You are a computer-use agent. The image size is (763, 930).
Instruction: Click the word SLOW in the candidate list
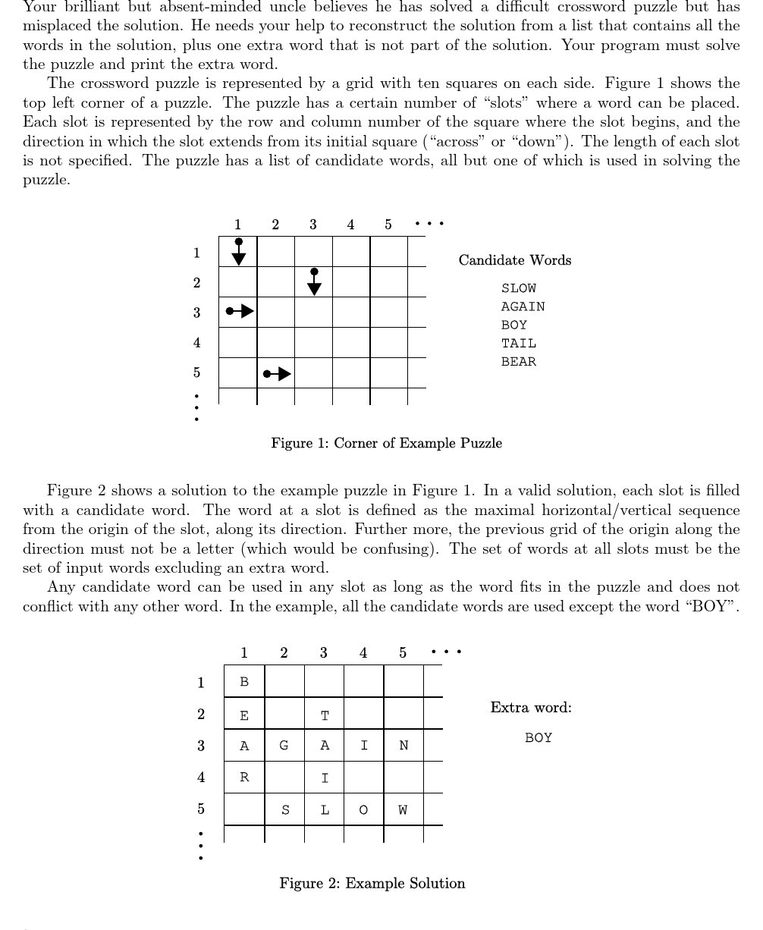coord(518,288)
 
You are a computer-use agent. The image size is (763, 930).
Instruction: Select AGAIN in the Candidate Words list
coord(523,306)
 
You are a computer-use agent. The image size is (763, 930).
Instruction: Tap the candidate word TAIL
coord(518,344)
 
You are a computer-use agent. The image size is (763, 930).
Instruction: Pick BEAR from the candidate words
coord(518,362)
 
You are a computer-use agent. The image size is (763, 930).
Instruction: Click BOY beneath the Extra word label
coord(538,737)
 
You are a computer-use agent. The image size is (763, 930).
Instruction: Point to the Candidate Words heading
coord(514,260)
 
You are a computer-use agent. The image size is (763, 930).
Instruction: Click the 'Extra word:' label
coord(531,708)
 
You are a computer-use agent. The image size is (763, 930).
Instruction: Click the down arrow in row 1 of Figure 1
coord(238,252)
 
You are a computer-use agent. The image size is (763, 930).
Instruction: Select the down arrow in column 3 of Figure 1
coord(314,281)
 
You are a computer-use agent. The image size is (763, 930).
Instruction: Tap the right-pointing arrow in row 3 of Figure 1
coord(240,311)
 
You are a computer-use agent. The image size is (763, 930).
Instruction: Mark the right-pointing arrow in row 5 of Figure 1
coord(277,373)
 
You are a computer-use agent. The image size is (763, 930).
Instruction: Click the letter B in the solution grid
coord(244,682)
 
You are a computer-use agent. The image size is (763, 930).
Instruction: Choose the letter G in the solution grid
coord(284,746)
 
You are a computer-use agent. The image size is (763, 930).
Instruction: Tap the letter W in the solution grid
coord(403,809)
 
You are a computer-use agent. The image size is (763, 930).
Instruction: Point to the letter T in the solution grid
coord(325,715)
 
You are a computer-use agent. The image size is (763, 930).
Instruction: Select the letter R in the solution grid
coord(244,778)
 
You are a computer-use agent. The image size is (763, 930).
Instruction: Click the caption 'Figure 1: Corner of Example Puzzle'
coord(386,443)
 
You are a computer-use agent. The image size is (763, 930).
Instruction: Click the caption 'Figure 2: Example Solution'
coord(372,883)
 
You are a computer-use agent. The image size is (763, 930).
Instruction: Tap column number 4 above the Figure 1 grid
coord(350,225)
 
